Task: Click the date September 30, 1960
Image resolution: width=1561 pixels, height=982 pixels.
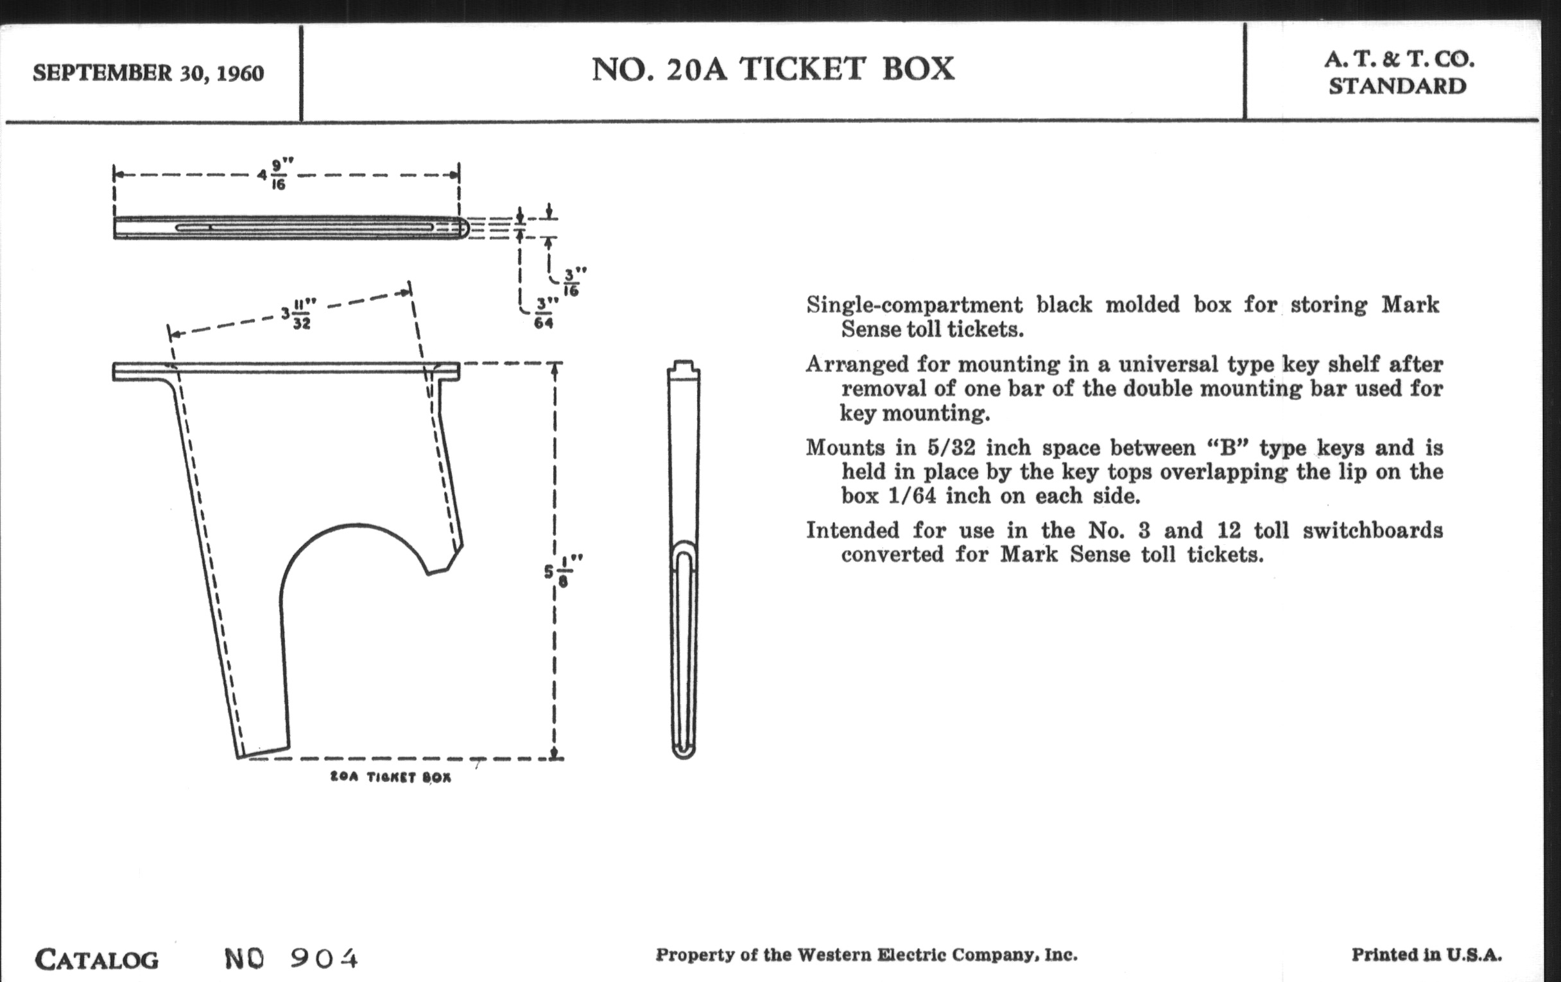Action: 148,73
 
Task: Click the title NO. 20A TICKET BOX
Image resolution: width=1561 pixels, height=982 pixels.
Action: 773,69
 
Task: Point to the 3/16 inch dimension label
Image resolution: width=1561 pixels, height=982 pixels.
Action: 571,282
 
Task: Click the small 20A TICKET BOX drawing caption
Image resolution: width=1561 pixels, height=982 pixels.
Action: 390,777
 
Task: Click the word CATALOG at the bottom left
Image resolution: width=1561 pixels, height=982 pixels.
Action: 96,960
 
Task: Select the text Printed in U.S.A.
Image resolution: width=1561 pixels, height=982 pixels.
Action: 1426,955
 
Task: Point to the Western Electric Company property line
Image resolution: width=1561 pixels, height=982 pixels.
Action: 866,955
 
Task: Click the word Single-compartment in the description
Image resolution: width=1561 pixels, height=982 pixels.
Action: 914,305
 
